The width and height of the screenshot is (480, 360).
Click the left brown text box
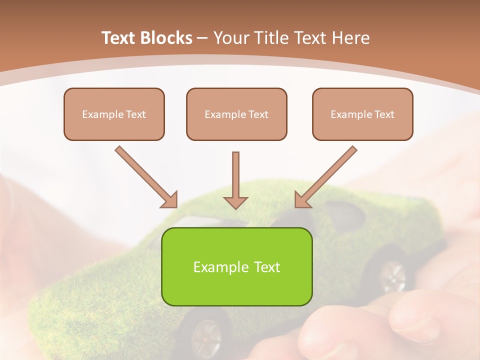click(114, 114)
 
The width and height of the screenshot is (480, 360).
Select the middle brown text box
click(236, 114)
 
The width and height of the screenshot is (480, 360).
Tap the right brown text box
click(362, 114)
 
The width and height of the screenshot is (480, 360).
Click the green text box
click(236, 266)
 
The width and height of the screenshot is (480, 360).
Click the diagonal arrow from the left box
click(145, 176)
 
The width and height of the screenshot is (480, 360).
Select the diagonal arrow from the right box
click(326, 176)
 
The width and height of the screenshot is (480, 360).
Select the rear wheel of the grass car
click(393, 276)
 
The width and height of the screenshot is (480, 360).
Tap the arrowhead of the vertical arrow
click(235, 202)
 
